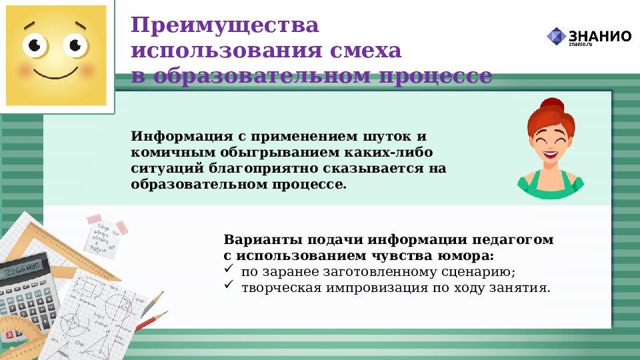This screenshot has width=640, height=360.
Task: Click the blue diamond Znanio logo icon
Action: click(x=555, y=37)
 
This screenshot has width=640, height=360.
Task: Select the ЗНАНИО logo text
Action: click(x=599, y=36)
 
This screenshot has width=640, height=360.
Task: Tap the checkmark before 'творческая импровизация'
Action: click(x=229, y=287)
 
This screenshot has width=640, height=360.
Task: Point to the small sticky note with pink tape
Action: click(x=105, y=233)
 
